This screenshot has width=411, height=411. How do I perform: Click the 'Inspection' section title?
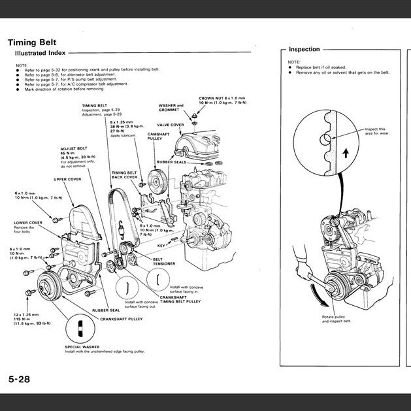304,50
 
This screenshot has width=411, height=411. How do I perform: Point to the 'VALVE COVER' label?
170,124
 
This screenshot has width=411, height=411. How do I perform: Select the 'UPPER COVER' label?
67,178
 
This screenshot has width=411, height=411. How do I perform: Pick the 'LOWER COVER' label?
28,222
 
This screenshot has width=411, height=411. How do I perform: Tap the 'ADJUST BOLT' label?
73,148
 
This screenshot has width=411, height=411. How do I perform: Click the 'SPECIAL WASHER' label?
82,346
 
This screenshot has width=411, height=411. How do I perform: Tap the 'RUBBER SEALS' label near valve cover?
172,161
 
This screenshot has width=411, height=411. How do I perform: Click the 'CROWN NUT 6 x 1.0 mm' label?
223,98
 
